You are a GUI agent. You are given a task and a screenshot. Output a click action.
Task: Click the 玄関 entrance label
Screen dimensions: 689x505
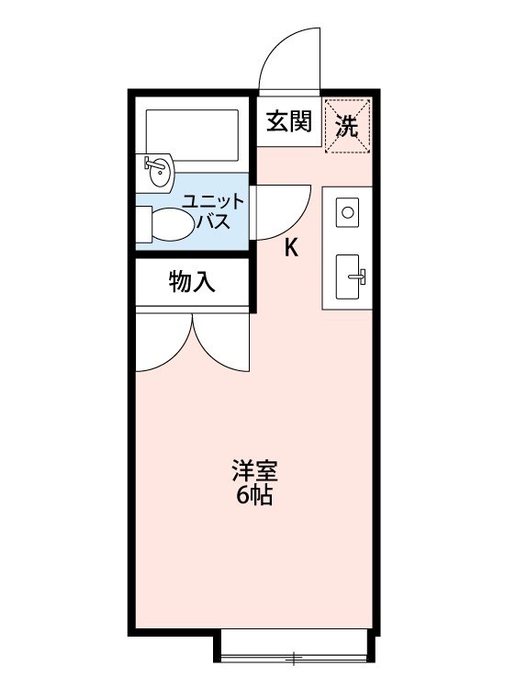289,122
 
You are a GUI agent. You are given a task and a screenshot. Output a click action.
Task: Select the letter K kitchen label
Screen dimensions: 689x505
291,247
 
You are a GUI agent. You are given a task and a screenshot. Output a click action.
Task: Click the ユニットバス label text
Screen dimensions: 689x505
212,211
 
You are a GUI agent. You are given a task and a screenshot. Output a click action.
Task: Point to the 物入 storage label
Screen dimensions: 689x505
192,282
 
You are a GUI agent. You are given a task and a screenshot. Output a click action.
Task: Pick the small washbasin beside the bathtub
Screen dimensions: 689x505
159,172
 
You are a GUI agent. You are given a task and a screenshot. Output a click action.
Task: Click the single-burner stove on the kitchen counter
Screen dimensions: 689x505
348,212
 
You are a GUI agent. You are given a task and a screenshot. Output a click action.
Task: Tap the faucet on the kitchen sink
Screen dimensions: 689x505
358,274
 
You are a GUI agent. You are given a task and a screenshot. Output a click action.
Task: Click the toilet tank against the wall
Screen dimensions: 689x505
142,221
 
